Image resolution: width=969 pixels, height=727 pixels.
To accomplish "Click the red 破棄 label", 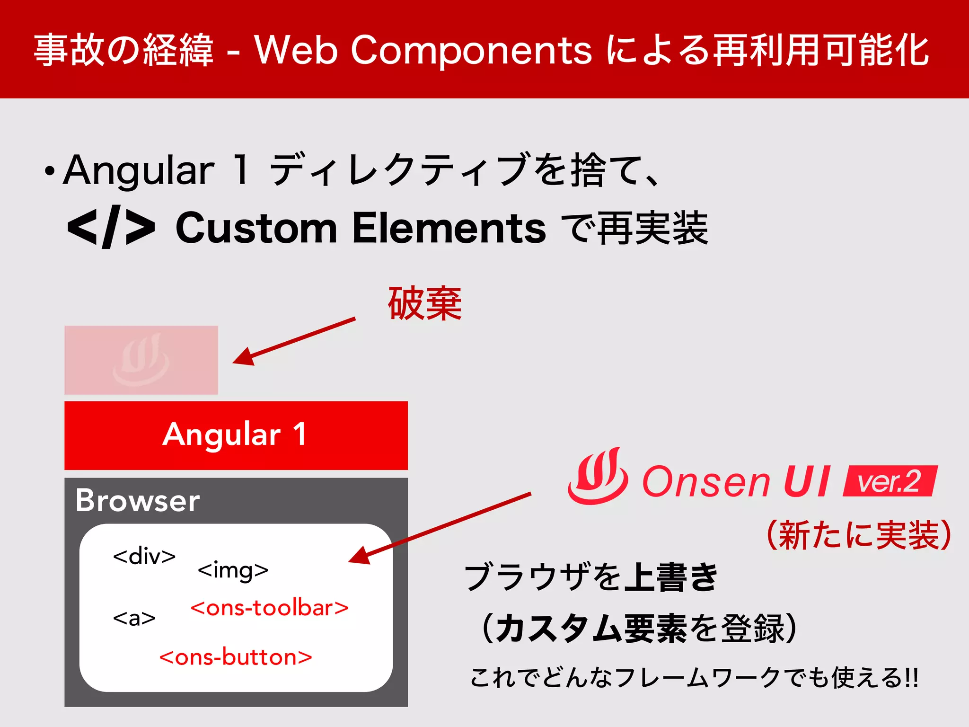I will click(x=424, y=304).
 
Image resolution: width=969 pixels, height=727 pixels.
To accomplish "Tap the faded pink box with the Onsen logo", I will click(x=141, y=360).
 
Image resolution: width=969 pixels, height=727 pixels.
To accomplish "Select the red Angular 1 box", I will click(x=236, y=435).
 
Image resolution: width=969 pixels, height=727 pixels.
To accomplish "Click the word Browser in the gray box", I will click(x=137, y=500).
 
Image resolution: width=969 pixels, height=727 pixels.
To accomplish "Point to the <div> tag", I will click(x=144, y=556).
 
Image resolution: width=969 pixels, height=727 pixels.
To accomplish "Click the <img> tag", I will click(x=233, y=570).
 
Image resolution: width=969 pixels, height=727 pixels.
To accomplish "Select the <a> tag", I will click(x=134, y=618).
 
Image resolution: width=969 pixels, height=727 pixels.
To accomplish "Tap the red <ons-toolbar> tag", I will click(x=269, y=608).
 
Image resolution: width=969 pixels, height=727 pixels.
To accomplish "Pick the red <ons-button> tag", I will click(x=236, y=657).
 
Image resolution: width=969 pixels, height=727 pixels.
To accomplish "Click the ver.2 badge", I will click(x=890, y=481).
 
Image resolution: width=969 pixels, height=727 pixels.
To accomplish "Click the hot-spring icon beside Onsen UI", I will click(x=598, y=477).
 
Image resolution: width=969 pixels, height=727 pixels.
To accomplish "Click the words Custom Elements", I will click(x=361, y=228).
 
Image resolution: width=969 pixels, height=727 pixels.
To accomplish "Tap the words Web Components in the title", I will click(x=423, y=50).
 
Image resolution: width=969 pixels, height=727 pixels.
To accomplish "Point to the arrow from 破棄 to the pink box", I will click(x=293, y=341).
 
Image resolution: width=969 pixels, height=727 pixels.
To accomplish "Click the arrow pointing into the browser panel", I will click(x=440, y=528).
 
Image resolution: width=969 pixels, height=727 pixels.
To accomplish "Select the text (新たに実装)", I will click(x=858, y=535).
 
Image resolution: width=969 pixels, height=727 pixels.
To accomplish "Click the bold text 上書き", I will click(x=671, y=577).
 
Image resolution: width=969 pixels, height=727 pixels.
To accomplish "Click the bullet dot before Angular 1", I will click(x=49, y=172).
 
